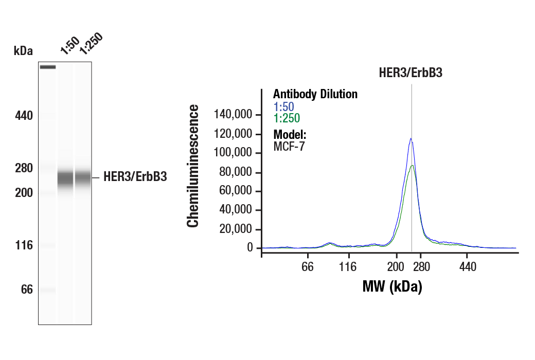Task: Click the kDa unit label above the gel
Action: pyautogui.click(x=23, y=51)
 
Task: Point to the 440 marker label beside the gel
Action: pyautogui.click(x=24, y=116)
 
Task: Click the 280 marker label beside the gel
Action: pyautogui.click(x=24, y=168)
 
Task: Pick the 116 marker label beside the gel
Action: pyautogui.click(x=24, y=245)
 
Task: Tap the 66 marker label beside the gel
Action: pyautogui.click(x=26, y=290)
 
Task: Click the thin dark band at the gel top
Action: pyautogui.click(x=48, y=67)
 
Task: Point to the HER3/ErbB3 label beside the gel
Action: pyautogui.click(x=135, y=178)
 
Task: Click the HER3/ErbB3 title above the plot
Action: pyautogui.click(x=411, y=73)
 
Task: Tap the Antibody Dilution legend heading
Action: pyautogui.click(x=315, y=94)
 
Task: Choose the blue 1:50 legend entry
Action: pyautogui.click(x=283, y=107)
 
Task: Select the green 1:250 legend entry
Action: pyautogui.click(x=287, y=118)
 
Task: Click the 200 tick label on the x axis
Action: pyautogui.click(x=396, y=267)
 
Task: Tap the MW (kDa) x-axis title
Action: pyautogui.click(x=392, y=286)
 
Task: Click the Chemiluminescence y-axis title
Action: pyautogui.click(x=193, y=166)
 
